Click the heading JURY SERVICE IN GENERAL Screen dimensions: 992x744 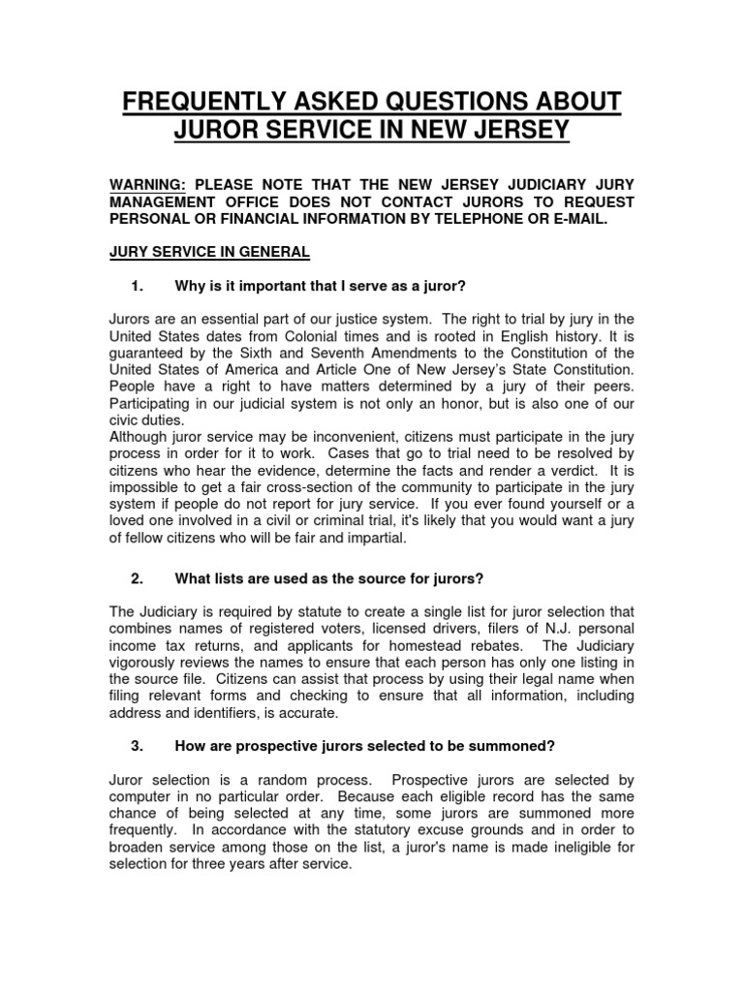[209, 252]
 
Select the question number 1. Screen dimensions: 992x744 [136, 286]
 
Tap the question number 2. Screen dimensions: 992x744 [136, 578]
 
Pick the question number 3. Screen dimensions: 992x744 [136, 746]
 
